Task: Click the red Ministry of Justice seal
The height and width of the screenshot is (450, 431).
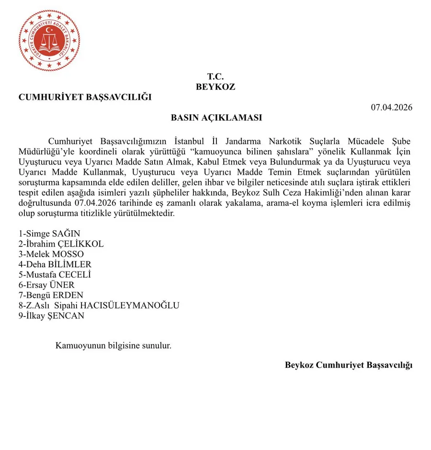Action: coord(49,41)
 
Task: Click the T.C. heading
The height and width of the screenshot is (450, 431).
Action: coord(215,77)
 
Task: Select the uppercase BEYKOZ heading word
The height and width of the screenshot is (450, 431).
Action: coord(215,87)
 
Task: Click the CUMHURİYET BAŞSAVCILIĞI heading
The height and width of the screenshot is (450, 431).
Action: coord(85,97)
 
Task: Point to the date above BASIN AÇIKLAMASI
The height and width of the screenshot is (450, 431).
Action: coord(391,107)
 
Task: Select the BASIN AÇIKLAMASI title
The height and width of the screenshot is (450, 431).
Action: coord(216,118)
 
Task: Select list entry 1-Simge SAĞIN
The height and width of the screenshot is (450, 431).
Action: coord(49,234)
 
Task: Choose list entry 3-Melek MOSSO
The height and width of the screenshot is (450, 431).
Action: coord(51,254)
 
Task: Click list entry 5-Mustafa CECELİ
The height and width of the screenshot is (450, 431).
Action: coord(55,275)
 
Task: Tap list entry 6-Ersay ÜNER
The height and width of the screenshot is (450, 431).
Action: coord(46,285)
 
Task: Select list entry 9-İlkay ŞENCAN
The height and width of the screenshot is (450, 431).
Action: coord(51,316)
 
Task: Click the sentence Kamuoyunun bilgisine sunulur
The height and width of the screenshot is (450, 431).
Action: coord(113,345)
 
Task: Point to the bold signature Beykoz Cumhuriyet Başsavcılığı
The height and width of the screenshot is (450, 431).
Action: coord(348,365)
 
